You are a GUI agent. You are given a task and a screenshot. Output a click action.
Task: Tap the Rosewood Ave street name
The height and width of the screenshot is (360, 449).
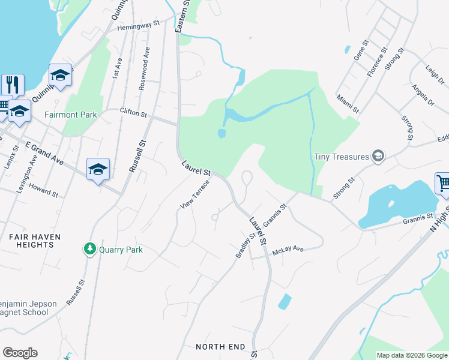[144, 68]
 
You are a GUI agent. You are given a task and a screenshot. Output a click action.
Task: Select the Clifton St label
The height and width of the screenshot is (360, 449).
[133, 112]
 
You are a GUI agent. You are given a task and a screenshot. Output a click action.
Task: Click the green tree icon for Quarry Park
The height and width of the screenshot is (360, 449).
[90, 248]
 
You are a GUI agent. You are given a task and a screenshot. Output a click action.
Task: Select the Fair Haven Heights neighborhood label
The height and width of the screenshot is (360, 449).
[35, 241]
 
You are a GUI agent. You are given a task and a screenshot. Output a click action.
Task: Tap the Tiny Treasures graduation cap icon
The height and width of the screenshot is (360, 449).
[378, 157]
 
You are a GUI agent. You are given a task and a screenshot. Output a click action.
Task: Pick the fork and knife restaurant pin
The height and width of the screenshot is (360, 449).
[13, 84]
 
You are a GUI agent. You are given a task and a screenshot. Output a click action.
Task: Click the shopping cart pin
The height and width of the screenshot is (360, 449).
[443, 182]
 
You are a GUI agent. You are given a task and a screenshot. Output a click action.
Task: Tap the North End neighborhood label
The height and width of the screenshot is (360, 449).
[220, 347]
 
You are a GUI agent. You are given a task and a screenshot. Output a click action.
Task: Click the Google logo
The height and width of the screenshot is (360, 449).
[20, 353]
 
